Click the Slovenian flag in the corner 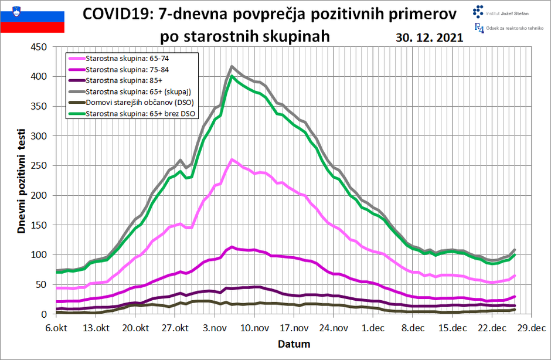32,16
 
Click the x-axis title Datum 293,344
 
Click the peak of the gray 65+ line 232,67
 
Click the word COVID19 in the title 117,14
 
